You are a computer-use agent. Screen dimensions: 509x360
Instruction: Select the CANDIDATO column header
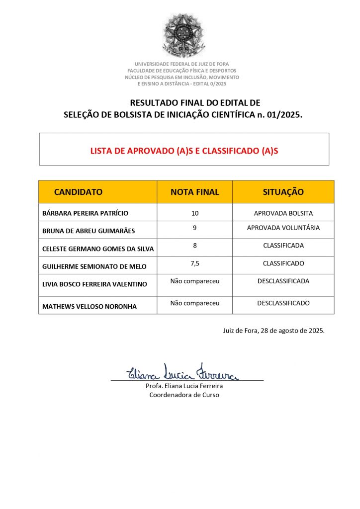78,192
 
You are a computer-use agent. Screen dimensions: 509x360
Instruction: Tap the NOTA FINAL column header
194,192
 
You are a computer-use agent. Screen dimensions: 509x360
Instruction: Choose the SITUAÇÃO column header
283,192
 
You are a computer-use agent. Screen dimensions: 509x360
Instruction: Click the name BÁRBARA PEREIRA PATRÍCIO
85,213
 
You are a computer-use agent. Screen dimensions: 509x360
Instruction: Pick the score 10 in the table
194,213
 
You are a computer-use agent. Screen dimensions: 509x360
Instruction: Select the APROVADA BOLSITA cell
283,213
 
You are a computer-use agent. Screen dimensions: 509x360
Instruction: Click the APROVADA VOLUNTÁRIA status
283,228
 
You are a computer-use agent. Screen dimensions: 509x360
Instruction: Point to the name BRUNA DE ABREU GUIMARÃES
89,231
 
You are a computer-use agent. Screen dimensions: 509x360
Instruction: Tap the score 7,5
194,263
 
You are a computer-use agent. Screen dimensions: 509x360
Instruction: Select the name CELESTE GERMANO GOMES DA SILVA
98,249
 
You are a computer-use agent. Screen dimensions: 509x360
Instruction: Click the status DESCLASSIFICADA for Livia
283,281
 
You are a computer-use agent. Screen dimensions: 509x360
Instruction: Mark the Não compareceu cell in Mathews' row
194,303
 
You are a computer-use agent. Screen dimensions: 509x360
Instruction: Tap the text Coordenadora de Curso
184,395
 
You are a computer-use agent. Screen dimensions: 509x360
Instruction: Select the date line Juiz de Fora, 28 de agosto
273,331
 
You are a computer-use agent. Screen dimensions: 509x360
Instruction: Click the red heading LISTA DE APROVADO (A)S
184,150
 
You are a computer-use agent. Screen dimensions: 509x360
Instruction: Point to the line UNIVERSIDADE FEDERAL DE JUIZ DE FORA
181,64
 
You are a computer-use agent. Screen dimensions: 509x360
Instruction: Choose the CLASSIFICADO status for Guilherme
283,263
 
